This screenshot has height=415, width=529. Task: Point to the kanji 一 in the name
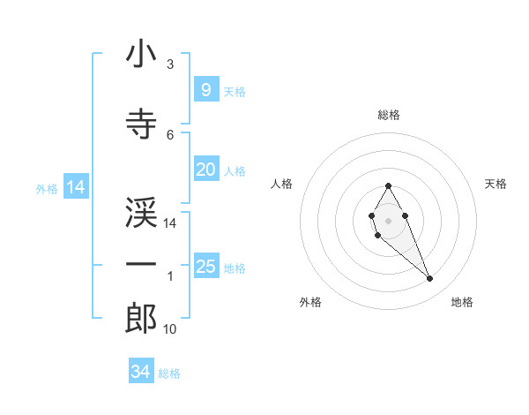pyautogui.click(x=141, y=265)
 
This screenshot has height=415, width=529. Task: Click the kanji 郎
pyautogui.click(x=141, y=318)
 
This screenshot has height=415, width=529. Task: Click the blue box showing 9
pyautogui.click(x=205, y=90)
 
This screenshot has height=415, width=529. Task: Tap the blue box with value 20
pyautogui.click(x=205, y=170)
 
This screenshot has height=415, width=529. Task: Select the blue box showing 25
pyautogui.click(x=205, y=267)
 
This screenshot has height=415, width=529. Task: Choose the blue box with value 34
pyautogui.click(x=141, y=372)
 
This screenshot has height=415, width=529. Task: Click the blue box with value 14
pyautogui.click(x=75, y=187)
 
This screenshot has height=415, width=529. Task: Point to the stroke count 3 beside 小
pyautogui.click(x=170, y=64)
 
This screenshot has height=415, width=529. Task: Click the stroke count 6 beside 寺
pyautogui.click(x=170, y=134)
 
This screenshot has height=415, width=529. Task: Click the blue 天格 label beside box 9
pyautogui.click(x=235, y=92)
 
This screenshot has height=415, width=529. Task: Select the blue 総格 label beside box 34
pyautogui.click(x=169, y=373)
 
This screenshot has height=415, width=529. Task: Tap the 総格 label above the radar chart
pyautogui.click(x=389, y=115)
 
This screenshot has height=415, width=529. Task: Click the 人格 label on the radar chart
pyautogui.click(x=281, y=184)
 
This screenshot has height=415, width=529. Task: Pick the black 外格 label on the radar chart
pyautogui.click(x=310, y=302)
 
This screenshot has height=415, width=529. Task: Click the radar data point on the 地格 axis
pyautogui.click(x=430, y=279)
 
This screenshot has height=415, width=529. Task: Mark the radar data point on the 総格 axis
pyautogui.click(x=388, y=185)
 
